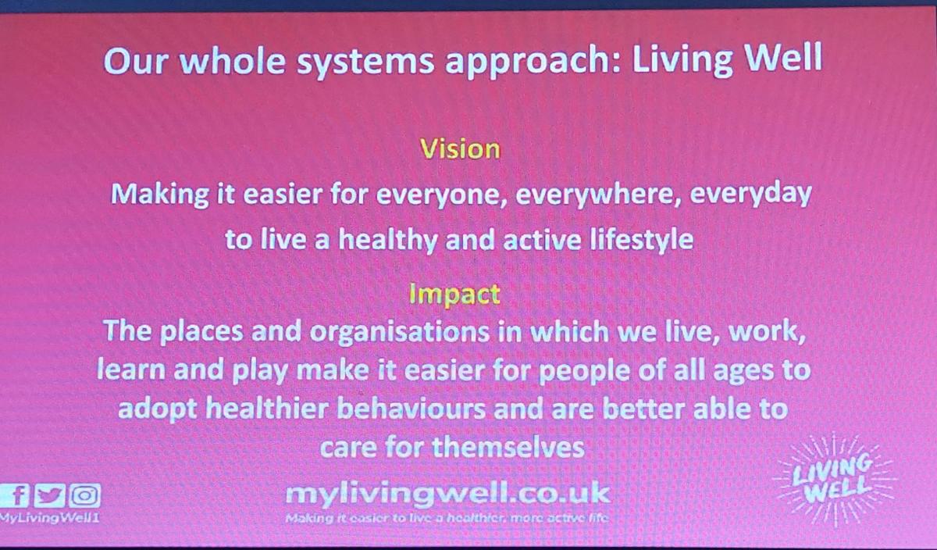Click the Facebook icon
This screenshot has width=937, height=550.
[14, 495]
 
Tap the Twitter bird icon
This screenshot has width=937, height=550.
[49, 495]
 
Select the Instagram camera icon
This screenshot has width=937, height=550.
[85, 495]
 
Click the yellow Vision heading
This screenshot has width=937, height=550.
[460, 148]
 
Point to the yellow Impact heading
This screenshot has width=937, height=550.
[454, 295]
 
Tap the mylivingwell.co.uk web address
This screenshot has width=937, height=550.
[447, 493]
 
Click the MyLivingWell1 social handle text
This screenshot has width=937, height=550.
[49, 518]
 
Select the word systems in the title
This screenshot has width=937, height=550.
[366, 62]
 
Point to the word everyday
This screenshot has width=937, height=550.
[750, 195]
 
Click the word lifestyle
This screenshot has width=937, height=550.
[641, 241]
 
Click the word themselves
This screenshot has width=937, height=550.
[508, 448]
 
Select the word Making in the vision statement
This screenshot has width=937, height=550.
[159, 195]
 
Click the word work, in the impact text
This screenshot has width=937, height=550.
[767, 331]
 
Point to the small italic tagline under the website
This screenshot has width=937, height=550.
[447, 519]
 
